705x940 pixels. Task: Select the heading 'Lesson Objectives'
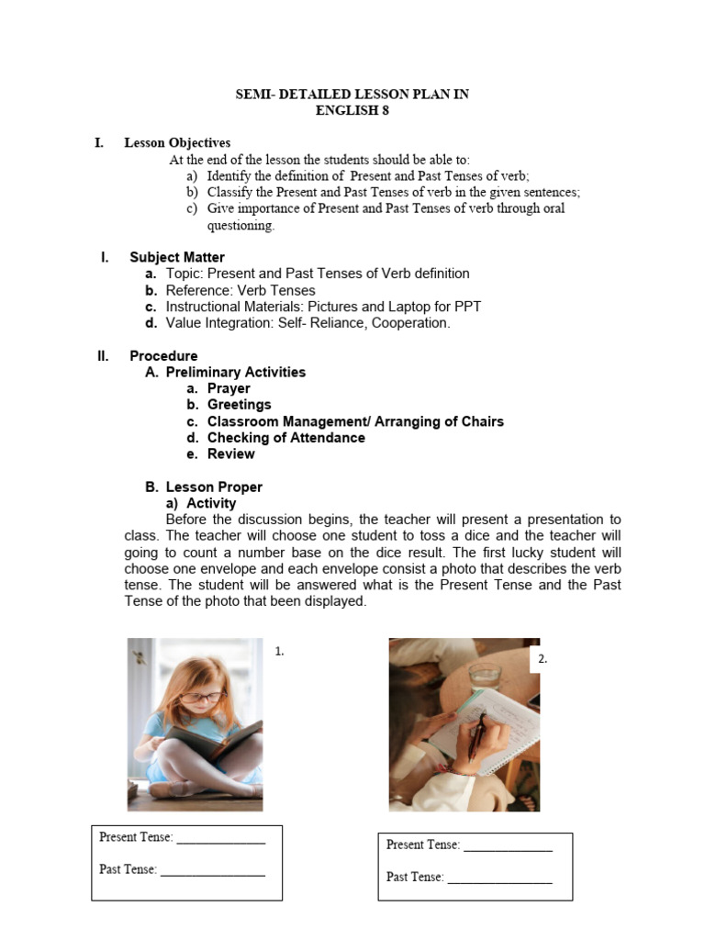177,143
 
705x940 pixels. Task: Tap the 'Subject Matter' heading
176,257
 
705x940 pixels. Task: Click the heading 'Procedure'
163,356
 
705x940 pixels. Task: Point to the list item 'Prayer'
229,388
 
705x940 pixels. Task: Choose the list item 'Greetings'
239,405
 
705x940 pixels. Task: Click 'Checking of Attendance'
285,438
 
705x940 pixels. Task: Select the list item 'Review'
230,454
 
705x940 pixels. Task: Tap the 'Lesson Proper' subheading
214,487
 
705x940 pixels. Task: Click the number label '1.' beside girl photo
280,651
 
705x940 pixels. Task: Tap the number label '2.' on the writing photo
542,658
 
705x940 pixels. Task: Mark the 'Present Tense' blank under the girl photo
220,837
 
